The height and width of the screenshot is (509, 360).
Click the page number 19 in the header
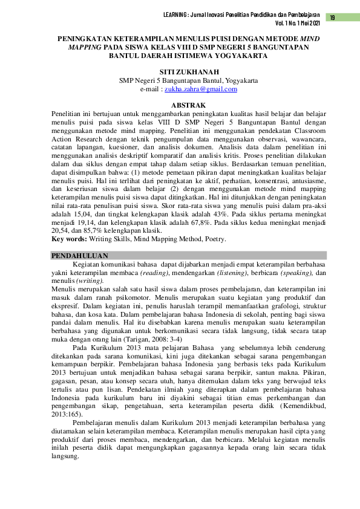tap(332, 18)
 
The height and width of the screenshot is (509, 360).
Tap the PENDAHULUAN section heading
tap(76, 256)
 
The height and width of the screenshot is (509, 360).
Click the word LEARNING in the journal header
tap(178, 15)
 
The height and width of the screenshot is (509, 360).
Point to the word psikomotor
tap(129, 298)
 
